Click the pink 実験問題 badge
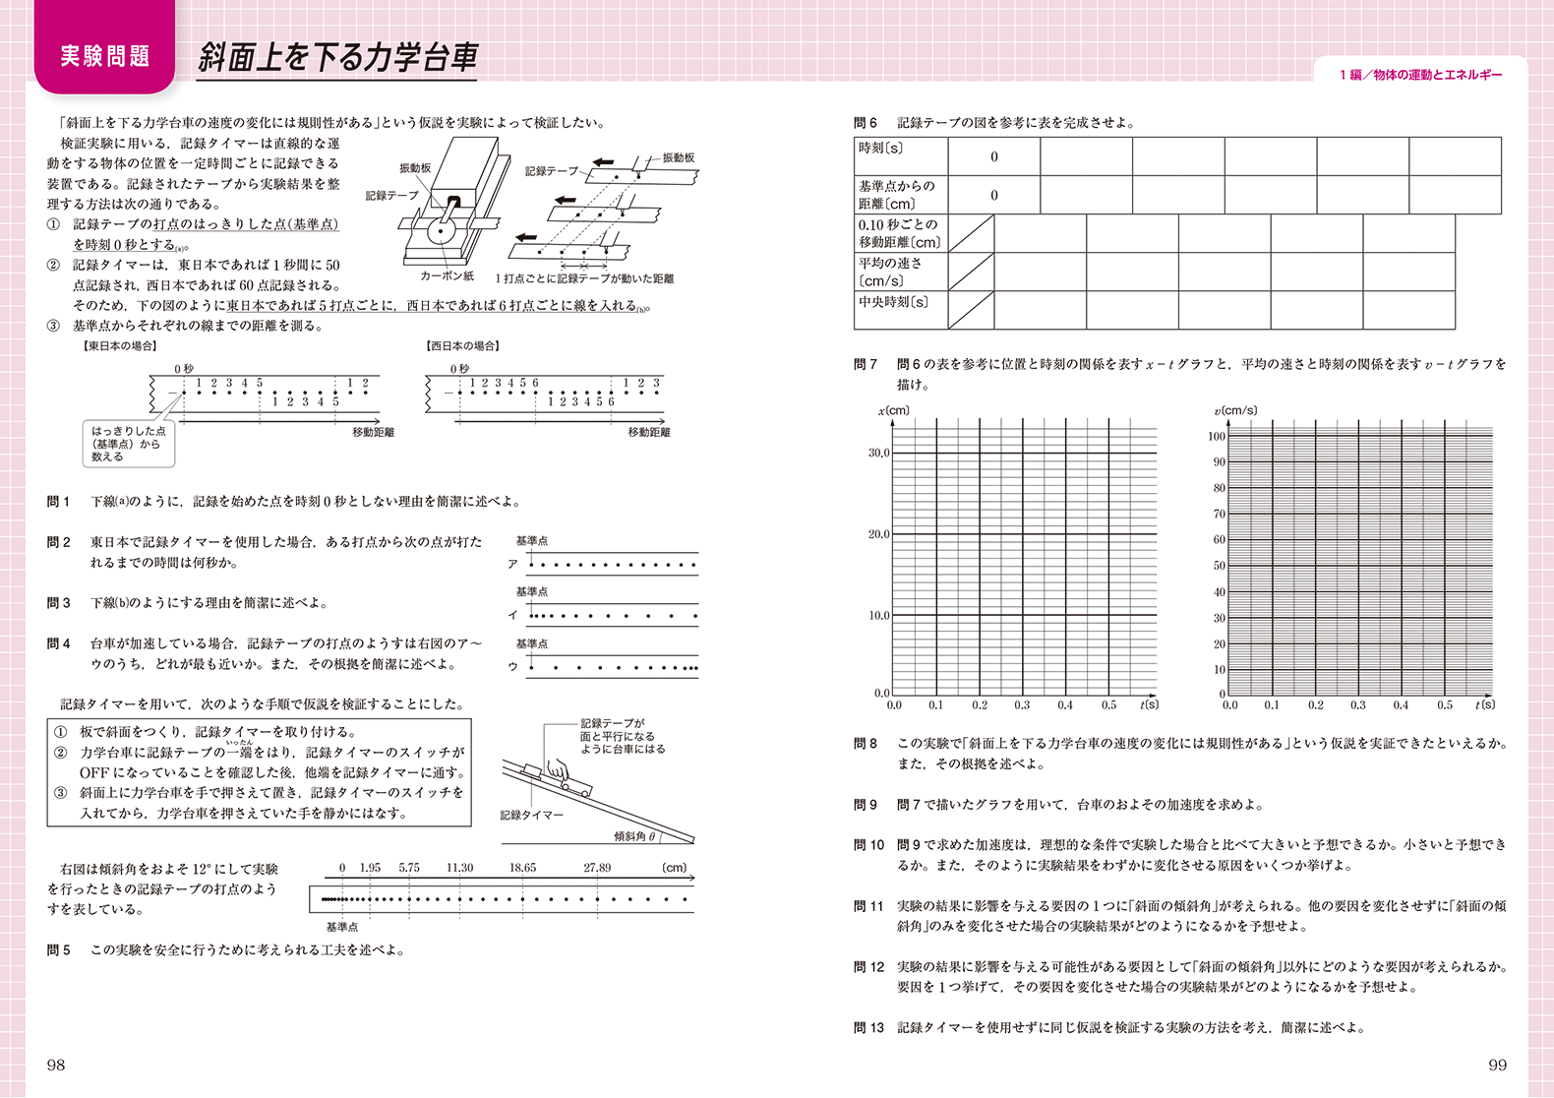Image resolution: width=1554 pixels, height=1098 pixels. pyautogui.click(x=104, y=56)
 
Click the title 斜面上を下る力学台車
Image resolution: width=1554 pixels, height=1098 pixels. pyautogui.click(x=337, y=57)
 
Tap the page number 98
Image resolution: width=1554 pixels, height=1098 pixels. pyautogui.click(x=56, y=1065)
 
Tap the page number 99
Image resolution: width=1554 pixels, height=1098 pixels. pyautogui.click(x=1497, y=1065)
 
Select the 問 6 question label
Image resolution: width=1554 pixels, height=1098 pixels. pyautogui.click(x=866, y=123)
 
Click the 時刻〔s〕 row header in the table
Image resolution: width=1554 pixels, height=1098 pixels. pyautogui.click(x=880, y=149)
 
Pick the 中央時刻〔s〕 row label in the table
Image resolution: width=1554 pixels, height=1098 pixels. pyautogui.click(x=893, y=302)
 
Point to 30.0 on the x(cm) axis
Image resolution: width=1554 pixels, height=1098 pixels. pyautogui.click(x=878, y=454)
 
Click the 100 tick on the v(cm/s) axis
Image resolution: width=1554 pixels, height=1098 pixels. pyautogui.click(x=1217, y=437)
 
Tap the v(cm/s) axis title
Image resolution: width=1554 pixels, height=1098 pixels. pyautogui.click(x=1235, y=410)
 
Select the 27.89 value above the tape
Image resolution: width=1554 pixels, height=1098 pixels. pyautogui.click(x=597, y=868)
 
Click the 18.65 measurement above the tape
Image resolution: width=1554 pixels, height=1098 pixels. pyautogui.click(x=522, y=868)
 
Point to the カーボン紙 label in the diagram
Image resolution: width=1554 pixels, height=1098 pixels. pyautogui.click(x=448, y=276)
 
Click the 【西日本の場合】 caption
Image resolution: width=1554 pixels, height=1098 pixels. pyautogui.click(x=463, y=346)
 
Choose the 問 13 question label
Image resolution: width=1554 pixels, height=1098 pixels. pyautogui.click(x=868, y=1027)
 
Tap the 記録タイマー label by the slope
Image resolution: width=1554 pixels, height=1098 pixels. pyautogui.click(x=531, y=815)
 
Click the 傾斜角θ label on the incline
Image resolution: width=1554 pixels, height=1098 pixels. pyautogui.click(x=635, y=836)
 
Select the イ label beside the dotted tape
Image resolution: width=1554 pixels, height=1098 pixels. pyautogui.click(x=512, y=615)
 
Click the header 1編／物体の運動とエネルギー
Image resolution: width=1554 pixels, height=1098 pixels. pyautogui.click(x=1420, y=75)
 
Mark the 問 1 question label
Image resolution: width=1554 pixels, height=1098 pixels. pyautogui.click(x=59, y=502)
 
